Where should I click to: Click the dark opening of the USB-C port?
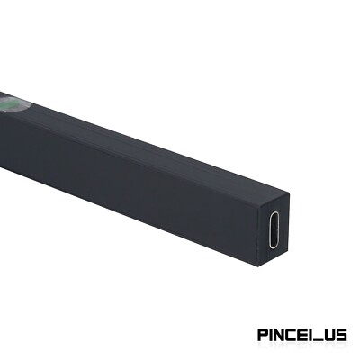pyautogui.click(x=274, y=230)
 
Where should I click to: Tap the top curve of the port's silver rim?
pyautogui.click(x=274, y=212)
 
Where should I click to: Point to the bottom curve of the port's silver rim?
pyautogui.click(x=274, y=247)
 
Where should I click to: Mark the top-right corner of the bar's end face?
pyautogui.click(x=291, y=194)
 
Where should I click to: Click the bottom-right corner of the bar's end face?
pyautogui.click(x=288, y=251)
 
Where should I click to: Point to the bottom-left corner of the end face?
pyautogui.click(x=257, y=265)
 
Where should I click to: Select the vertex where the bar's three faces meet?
pyautogui.click(x=259, y=209)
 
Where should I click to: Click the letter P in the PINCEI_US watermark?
pyautogui.click(x=263, y=335)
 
